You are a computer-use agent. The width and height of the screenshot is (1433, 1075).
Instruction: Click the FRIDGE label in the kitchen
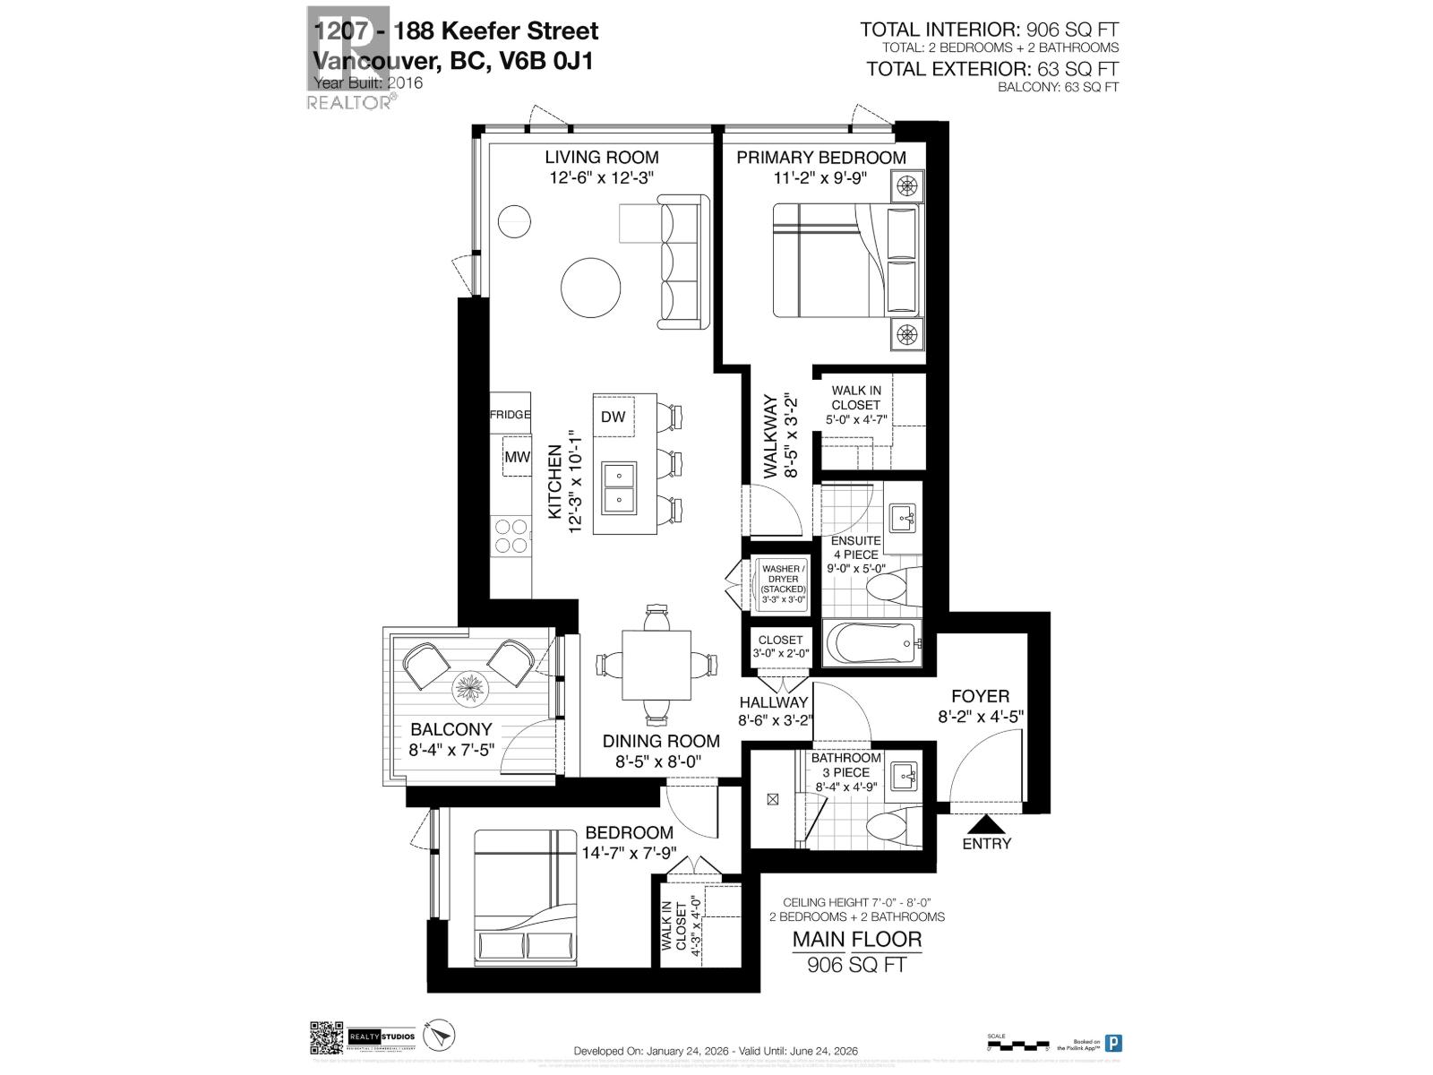pyautogui.click(x=510, y=415)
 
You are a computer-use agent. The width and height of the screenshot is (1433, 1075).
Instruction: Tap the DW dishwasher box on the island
pyautogui.click(x=613, y=417)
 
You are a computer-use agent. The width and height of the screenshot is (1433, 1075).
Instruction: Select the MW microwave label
pyautogui.click(x=517, y=457)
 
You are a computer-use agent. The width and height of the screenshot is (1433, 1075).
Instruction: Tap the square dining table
pyautogui.click(x=657, y=666)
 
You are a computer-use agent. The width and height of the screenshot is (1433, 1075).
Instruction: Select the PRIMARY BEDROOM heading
pyautogui.click(x=821, y=158)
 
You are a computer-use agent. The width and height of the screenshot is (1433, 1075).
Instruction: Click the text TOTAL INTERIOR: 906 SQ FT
pyautogui.click(x=990, y=30)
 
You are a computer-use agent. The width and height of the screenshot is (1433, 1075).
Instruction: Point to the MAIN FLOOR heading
pyautogui.click(x=856, y=940)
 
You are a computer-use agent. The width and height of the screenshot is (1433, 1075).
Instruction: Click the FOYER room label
pyautogui.click(x=980, y=696)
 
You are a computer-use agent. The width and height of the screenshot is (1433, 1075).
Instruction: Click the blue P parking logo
pyautogui.click(x=1113, y=1043)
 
